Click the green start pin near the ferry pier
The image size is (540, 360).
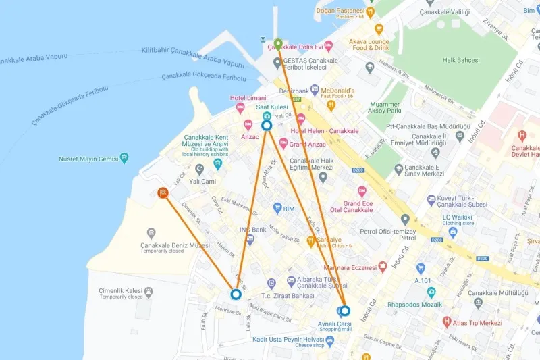tap(277, 45)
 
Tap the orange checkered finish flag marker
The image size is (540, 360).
tap(163, 192)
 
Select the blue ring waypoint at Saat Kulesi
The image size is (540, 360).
tap(267, 125)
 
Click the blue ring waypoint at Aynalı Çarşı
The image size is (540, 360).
tap(345, 311)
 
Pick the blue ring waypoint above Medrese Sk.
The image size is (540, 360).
tap(236, 294)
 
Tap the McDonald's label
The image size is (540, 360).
tap(336, 91)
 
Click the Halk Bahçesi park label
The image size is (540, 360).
tap(460, 60)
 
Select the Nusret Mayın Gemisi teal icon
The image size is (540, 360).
tap(124, 159)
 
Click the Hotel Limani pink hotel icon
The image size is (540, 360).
tap(240, 109)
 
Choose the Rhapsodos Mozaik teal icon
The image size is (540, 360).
tap(431, 292)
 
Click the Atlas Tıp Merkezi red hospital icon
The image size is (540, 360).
tap(446, 322)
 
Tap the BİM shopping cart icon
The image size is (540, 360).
tap(277, 209)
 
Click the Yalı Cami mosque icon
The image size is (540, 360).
tap(199, 169)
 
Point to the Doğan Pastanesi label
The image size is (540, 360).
tap(340, 11)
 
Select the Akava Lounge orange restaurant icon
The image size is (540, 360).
tap(379, 29)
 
